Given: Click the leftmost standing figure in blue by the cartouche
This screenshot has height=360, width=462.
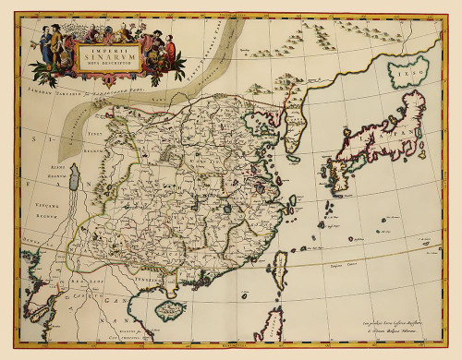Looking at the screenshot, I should point(44,44).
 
